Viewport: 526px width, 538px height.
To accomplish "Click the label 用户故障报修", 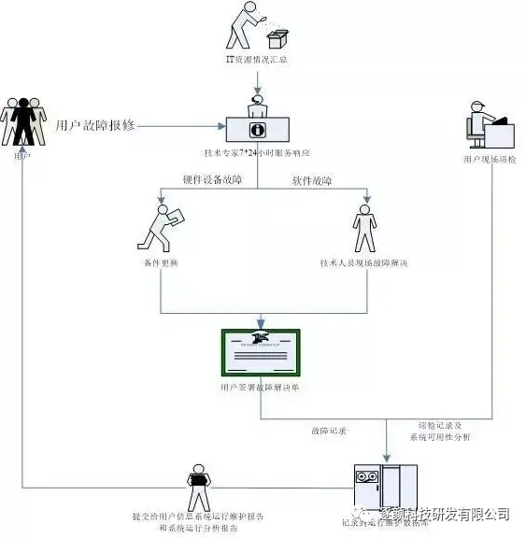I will tap(96, 124).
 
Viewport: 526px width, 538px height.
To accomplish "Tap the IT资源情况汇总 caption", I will tap(256, 60).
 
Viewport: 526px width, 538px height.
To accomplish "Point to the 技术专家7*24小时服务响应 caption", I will tap(256, 151).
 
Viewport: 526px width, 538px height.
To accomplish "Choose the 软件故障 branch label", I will tap(312, 180).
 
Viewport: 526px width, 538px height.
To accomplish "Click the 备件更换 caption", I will tap(162, 263).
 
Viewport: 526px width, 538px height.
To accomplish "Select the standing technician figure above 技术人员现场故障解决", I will tap(363, 230).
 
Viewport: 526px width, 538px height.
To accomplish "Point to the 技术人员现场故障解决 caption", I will tap(363, 263).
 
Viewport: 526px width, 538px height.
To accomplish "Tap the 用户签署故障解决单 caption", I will tap(260, 385).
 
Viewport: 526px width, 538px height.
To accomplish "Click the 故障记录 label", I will tap(329, 431).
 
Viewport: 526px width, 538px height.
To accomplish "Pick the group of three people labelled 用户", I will tap(22, 120).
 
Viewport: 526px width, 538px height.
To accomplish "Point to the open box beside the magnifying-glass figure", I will tap(277, 39).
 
